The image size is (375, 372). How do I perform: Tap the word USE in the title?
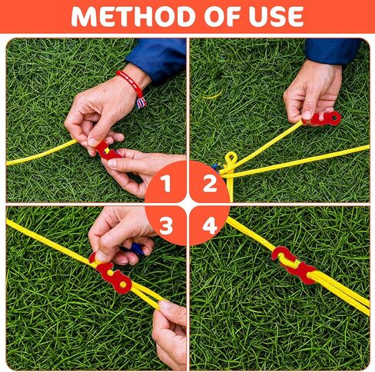(x=277, y=17)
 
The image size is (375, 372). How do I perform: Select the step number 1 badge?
(x=165, y=181)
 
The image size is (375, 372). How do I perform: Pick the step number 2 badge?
(x=210, y=181)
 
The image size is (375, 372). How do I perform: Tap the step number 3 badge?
(x=165, y=225)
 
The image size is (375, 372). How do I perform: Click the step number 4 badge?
(x=210, y=225)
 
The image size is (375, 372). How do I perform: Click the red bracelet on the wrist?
(x=130, y=82)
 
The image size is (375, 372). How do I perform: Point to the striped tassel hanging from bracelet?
(x=141, y=102)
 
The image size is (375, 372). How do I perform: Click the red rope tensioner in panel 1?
(x=106, y=151)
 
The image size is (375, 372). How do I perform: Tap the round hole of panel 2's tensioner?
(x=334, y=118)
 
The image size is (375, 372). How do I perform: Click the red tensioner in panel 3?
(x=111, y=273)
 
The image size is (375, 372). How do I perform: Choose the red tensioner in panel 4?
(x=294, y=264)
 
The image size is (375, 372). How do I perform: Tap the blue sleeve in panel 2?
(x=332, y=51)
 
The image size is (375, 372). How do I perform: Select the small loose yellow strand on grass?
(x=213, y=95)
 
